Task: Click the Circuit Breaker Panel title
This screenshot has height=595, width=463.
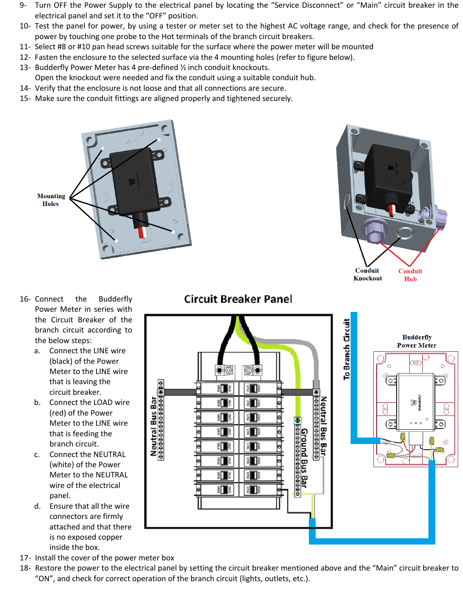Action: [238, 299]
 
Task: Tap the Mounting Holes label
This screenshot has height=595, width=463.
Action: [51, 200]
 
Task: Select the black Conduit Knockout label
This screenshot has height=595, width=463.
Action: [367, 274]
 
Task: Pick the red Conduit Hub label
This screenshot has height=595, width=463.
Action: [410, 275]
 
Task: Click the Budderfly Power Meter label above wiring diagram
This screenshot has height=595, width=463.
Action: [417, 341]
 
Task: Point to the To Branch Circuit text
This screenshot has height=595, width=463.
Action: [347, 349]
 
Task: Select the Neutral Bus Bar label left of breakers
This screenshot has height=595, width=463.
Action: [154, 426]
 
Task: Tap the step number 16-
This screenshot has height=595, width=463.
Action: [25, 299]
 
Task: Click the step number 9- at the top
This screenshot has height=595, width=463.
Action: [23, 5]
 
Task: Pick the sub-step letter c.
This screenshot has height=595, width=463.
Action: [37, 455]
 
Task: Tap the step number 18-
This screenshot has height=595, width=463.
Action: [25, 568]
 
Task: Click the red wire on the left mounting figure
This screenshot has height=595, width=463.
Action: [141, 232]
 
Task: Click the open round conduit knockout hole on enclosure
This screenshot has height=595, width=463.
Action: [405, 233]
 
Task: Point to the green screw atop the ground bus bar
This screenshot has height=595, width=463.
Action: [298, 420]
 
